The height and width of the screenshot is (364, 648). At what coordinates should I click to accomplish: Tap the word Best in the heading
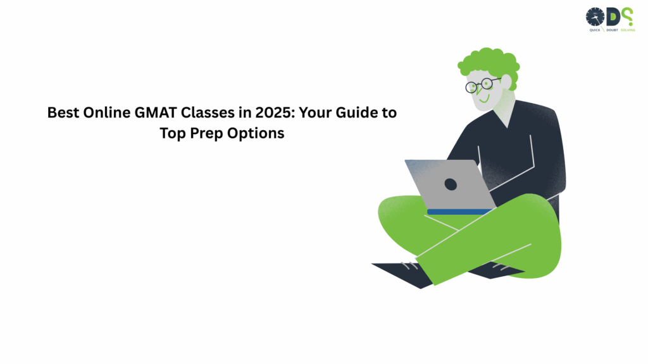tap(63, 114)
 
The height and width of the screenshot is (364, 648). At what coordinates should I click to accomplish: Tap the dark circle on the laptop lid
tap(451, 184)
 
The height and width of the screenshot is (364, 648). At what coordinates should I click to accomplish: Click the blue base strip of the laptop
tap(461, 212)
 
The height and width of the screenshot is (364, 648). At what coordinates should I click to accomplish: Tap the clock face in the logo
tap(595, 16)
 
